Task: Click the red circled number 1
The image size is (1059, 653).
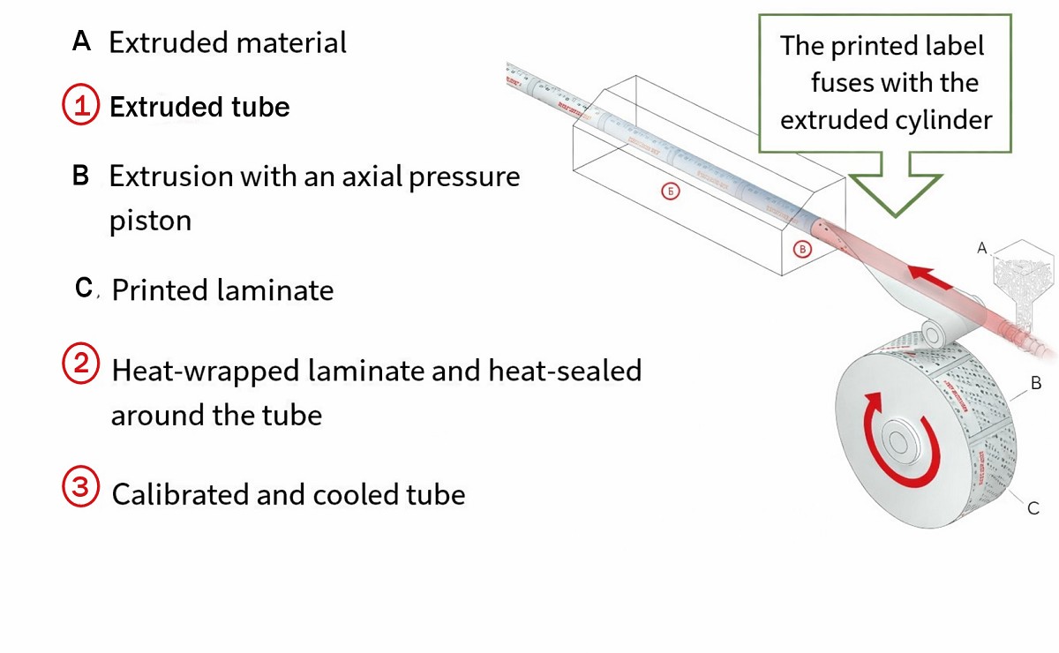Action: pos(79,106)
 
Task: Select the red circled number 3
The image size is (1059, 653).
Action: pos(79,488)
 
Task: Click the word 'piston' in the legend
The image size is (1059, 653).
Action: pos(150,221)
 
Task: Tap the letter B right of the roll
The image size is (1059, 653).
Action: pos(1037,383)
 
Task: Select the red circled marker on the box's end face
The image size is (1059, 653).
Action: pos(802,249)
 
